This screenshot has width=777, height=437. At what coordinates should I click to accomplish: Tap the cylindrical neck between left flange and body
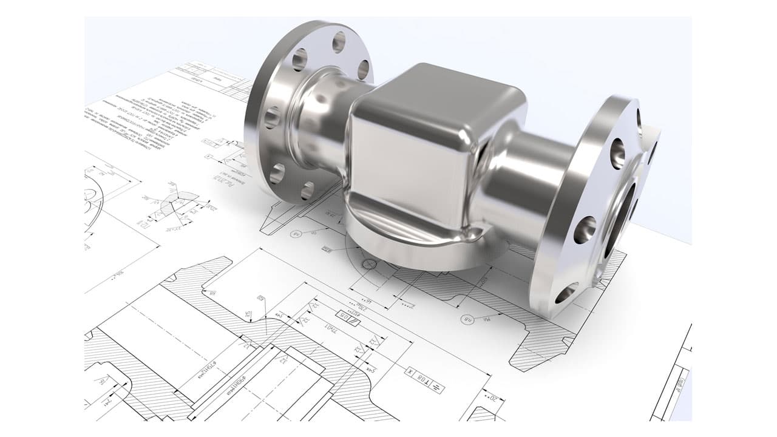coord(322,121)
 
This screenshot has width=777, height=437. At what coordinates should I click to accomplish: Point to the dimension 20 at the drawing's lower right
coord(494,398)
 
